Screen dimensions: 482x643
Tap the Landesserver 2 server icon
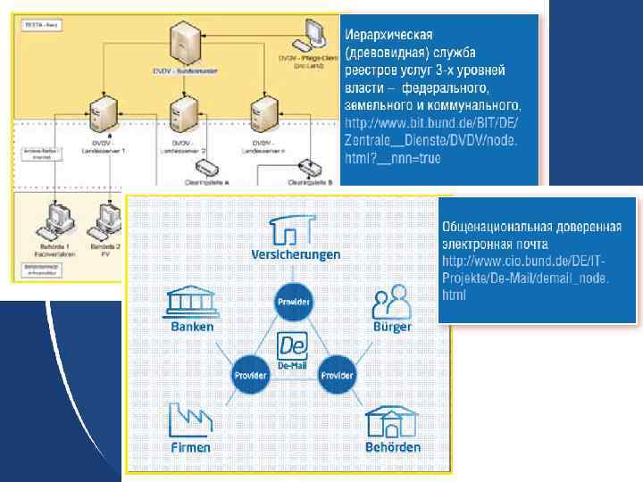point(185,112)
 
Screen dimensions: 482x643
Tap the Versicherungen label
point(296,254)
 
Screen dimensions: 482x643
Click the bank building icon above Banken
point(193,302)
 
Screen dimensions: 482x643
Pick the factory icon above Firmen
point(189,417)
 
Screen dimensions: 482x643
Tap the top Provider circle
point(294,302)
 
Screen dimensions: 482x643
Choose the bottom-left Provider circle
point(250,374)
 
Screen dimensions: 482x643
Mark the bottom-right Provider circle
point(337,374)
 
